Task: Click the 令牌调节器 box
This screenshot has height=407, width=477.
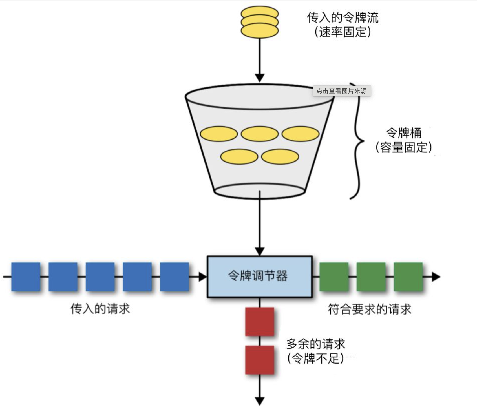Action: coord(259,276)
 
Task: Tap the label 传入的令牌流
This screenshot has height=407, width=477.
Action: coord(342,17)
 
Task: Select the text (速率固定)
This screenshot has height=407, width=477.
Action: coord(342,32)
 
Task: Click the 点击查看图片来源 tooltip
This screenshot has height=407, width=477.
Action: coord(341,91)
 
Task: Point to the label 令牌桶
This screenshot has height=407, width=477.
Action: coord(404,132)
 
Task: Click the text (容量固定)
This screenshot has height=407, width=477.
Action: coord(404,147)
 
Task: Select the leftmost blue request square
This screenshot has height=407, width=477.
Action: coord(26,277)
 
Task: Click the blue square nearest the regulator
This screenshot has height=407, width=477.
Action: coord(174,277)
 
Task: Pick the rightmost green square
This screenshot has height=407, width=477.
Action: coord(408,277)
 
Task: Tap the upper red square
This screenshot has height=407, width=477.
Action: coord(259,322)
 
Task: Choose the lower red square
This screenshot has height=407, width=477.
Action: coord(259,360)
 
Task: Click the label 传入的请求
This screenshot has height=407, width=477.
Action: coord(100,309)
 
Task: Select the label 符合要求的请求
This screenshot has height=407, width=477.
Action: coord(369,309)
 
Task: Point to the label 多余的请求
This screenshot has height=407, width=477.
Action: coord(315,344)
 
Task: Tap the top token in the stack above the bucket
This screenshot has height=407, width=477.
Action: coord(260,13)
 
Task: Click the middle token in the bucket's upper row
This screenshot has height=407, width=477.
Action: coord(260,134)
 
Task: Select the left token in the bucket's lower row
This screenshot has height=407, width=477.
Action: coord(239,157)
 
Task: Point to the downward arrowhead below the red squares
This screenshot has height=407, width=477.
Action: coord(259,401)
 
